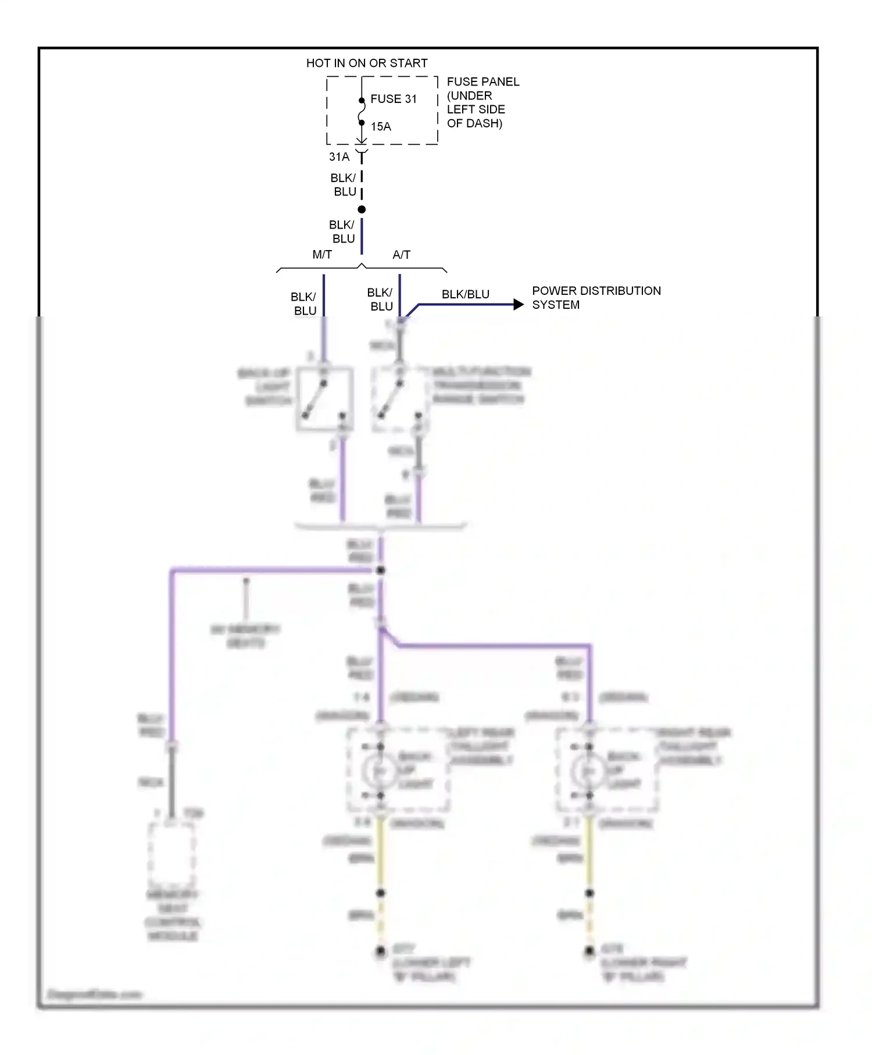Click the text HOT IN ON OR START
(366, 63)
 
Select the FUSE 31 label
(394, 99)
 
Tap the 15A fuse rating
(381, 126)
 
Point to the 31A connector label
(339, 157)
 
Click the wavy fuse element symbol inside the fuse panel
(362, 112)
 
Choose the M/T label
(322, 255)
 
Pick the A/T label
(401, 255)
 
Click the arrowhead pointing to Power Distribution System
(519, 304)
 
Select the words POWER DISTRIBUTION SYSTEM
(596, 297)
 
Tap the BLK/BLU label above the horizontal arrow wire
(465, 294)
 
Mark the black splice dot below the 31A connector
(362, 209)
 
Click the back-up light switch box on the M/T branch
(324, 399)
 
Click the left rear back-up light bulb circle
(380, 771)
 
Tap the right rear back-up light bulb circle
(589, 771)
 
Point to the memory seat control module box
(171, 854)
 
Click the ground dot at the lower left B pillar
(380, 951)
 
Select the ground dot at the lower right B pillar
(589, 951)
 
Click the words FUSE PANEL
(483, 82)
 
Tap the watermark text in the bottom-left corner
(94, 995)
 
